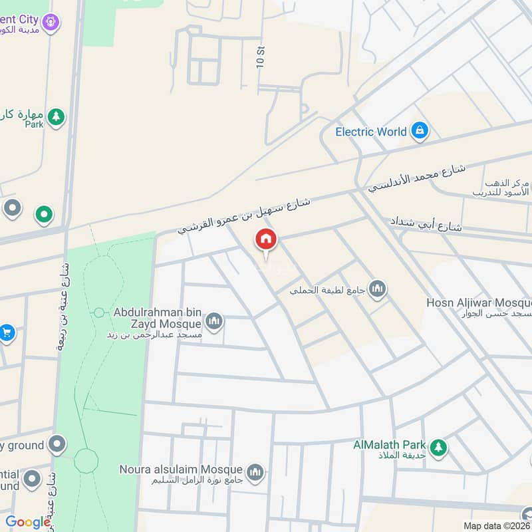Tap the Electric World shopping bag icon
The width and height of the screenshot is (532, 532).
419,132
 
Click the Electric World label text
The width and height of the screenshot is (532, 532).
370,132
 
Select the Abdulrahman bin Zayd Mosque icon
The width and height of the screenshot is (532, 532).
214,323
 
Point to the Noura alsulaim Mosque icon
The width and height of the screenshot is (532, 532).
255,472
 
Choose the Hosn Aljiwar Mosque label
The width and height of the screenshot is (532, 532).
479,303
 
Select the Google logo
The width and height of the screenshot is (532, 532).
28,522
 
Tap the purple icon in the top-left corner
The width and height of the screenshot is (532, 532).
52,24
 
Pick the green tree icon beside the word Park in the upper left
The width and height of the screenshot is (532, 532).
57,117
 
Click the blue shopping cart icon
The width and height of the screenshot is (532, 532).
7,332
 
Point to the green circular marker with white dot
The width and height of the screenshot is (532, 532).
44,214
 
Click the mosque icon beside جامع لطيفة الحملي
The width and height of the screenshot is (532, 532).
378,289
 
